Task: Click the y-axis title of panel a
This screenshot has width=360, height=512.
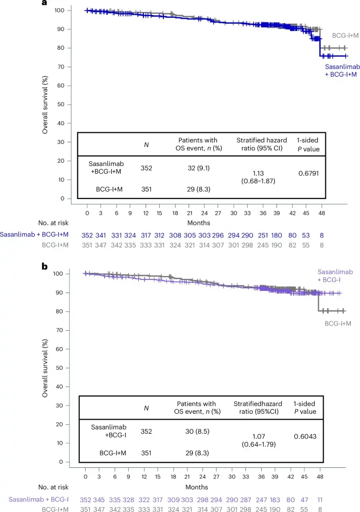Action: point(46,105)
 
